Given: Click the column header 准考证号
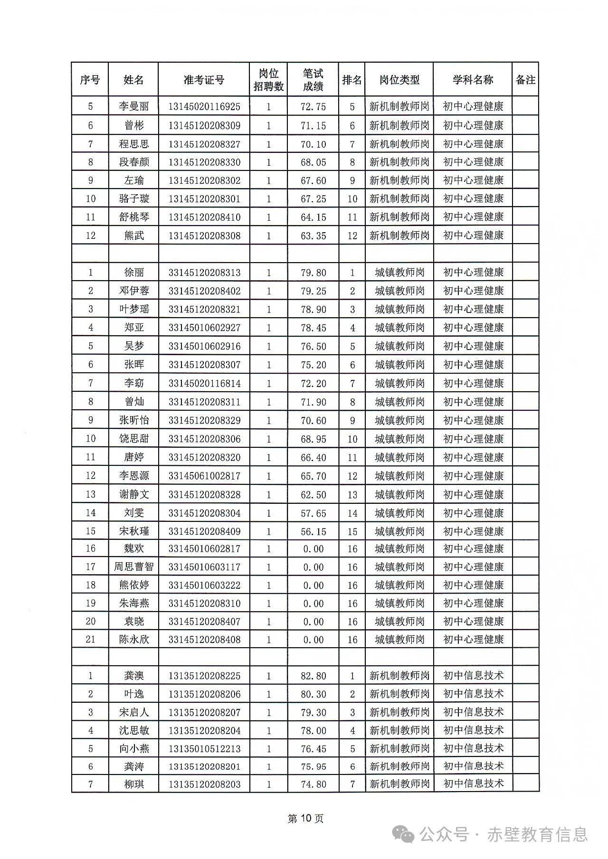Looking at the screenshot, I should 204,80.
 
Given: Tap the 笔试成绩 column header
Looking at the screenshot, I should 313,80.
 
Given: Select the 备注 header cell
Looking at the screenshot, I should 525,80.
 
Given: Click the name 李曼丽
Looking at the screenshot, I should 134,106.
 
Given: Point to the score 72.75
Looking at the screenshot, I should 313,106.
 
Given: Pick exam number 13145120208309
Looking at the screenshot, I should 204,125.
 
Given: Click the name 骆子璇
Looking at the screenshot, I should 134,198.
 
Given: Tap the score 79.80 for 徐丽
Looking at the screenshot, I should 313,273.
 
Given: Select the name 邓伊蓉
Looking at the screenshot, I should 134,291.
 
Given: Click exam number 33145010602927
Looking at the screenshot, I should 204,328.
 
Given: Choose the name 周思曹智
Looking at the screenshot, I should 134,566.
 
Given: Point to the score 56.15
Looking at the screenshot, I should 313,531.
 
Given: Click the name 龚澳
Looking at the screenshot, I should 134,676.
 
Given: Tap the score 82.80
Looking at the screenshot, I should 313,676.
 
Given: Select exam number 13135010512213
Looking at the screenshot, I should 204,749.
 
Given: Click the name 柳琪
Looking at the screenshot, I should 134,784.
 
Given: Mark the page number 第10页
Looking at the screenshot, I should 305,818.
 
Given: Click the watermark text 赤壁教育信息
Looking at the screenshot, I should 537,834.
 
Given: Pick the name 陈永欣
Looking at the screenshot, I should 134,640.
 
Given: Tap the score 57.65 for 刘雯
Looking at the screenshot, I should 313,513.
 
